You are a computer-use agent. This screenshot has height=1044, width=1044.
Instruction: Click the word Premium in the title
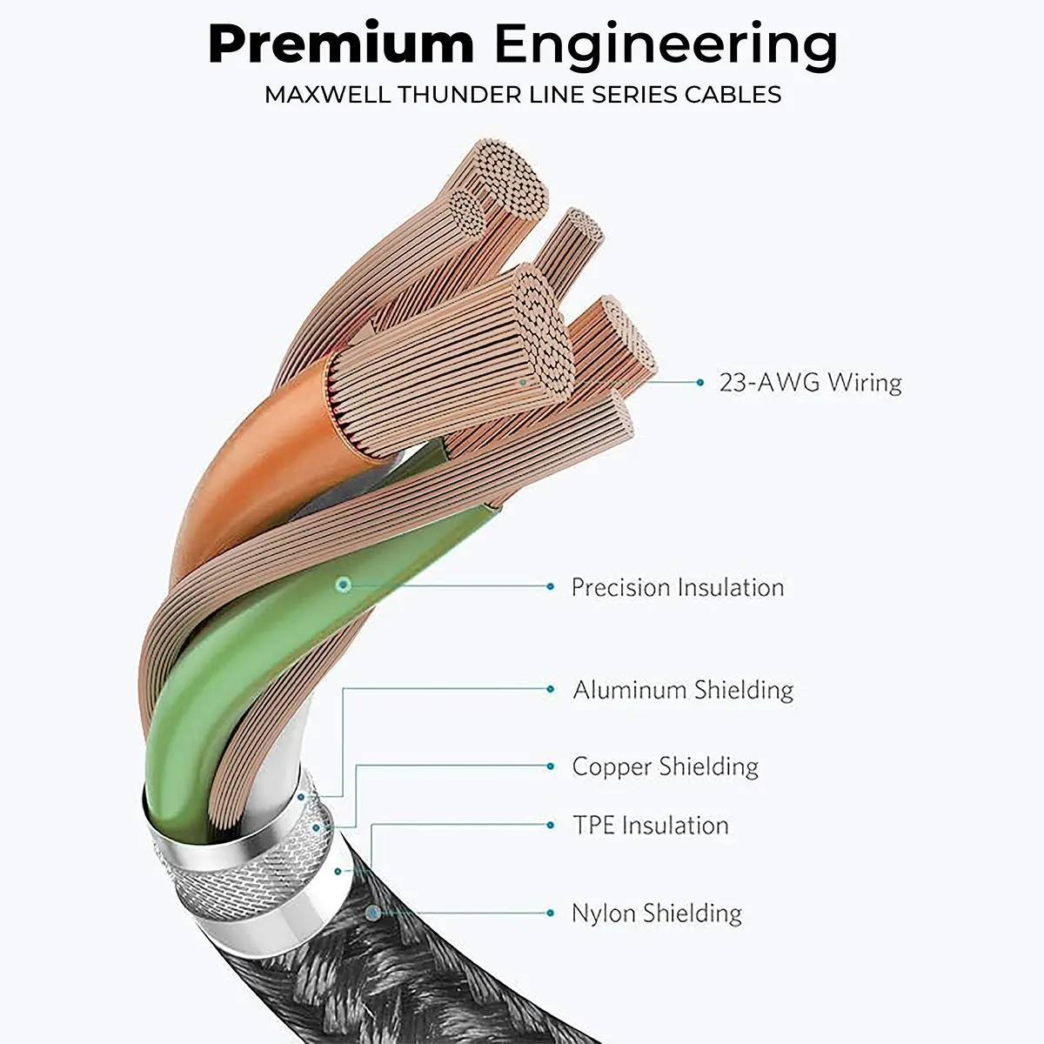pyautogui.click(x=341, y=45)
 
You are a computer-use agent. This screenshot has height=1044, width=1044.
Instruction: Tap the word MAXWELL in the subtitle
pyautogui.click(x=328, y=94)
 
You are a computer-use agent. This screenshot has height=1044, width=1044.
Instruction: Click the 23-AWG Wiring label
pyautogui.click(x=810, y=383)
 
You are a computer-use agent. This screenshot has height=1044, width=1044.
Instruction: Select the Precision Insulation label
pyautogui.click(x=677, y=587)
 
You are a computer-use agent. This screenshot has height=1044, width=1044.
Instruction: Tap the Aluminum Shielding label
pyautogui.click(x=683, y=690)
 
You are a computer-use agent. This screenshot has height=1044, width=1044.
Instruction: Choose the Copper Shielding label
pyautogui.click(x=665, y=766)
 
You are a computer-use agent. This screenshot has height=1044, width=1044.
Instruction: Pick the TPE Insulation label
pyautogui.click(x=650, y=825)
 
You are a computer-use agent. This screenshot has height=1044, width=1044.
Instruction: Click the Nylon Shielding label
pyautogui.click(x=656, y=913)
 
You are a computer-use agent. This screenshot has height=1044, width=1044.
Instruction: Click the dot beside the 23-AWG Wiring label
pyautogui.click(x=700, y=382)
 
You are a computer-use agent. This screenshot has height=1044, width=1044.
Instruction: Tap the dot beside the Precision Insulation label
pyautogui.click(x=550, y=587)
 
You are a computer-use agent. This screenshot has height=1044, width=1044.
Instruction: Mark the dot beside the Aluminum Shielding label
pyautogui.click(x=550, y=689)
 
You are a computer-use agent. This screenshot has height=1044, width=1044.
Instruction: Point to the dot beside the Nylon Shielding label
pyautogui.click(x=550, y=913)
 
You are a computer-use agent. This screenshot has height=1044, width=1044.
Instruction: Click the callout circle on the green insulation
pyautogui.click(x=344, y=585)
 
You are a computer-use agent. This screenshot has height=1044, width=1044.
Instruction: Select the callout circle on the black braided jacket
pyautogui.click(x=373, y=913)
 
